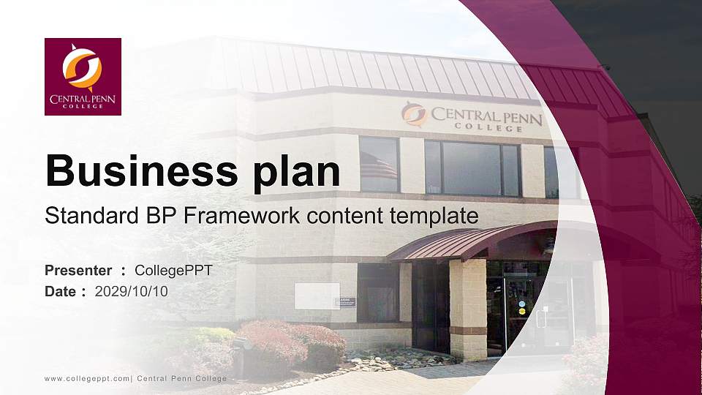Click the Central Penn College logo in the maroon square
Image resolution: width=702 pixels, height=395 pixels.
tap(83, 76)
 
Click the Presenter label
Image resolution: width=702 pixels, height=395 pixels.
tap(78, 271)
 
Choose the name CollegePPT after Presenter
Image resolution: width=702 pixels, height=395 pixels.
tap(173, 271)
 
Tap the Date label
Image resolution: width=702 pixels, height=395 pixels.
tap(61, 291)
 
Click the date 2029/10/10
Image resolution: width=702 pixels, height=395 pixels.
tap(132, 291)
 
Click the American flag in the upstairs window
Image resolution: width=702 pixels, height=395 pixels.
tap(379, 167)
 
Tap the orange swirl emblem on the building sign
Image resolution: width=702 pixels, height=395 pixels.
tap(414, 114)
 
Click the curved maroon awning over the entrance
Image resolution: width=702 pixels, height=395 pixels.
tap(468, 240)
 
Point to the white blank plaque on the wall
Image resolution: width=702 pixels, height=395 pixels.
tap(317, 296)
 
